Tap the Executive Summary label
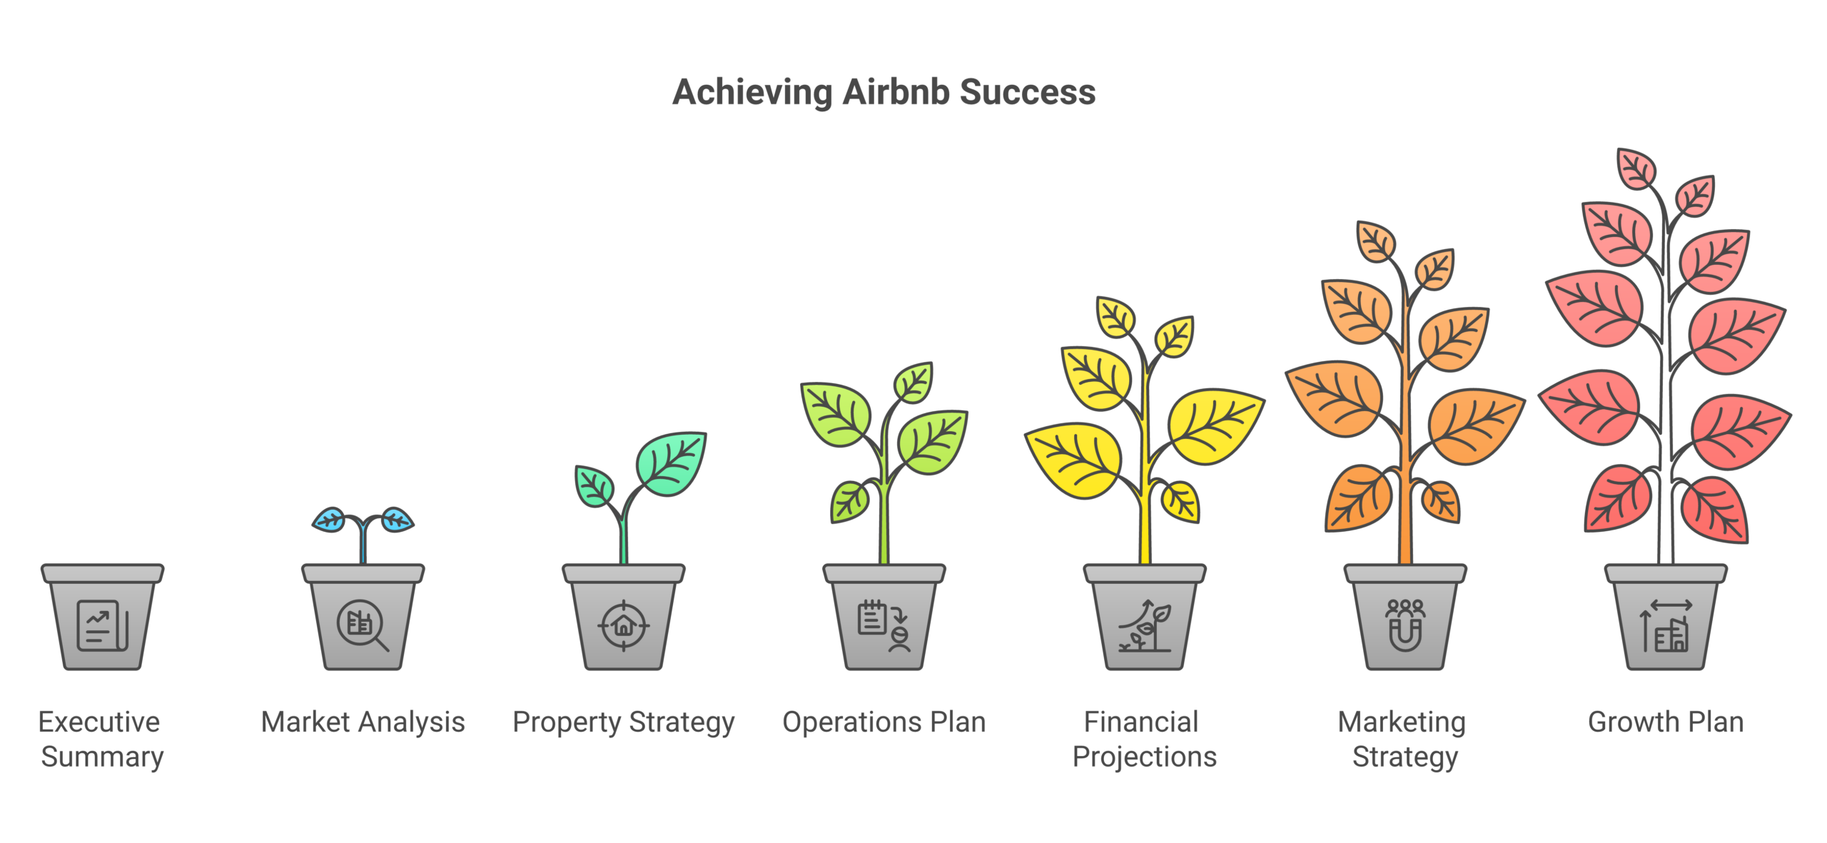[101, 739]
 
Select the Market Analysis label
[363, 722]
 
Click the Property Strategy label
[623, 722]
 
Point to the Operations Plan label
[884, 722]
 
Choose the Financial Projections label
[1144, 739]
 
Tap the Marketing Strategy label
[1404, 739]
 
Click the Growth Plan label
[1665, 722]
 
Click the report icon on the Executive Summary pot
[102, 625]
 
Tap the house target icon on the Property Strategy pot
[623, 626]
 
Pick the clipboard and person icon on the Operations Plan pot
[884, 626]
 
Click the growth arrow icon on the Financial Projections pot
[1145, 626]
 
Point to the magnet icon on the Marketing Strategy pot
[1405, 626]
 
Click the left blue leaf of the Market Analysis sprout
[330, 519]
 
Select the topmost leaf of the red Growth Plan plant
[1636, 169]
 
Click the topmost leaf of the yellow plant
[1115, 316]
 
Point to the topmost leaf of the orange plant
[1376, 242]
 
